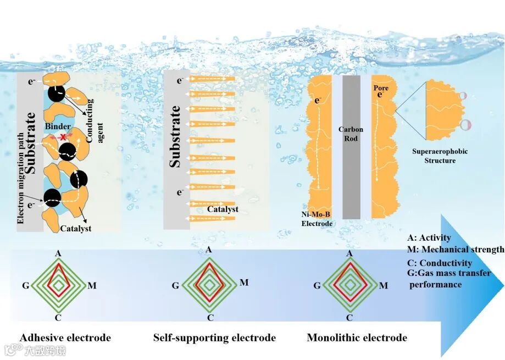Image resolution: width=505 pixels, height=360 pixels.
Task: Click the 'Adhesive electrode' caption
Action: click(65, 337)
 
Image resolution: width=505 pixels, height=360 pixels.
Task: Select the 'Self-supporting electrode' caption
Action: click(214, 337)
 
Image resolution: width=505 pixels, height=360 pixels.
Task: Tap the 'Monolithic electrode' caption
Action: click(357, 337)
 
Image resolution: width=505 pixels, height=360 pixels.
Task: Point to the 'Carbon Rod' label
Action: click(351, 134)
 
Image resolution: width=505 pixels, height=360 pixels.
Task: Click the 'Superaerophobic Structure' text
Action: click(440, 156)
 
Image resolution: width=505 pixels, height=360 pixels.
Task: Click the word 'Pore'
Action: click(381, 88)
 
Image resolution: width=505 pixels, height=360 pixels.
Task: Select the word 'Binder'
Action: click(58, 126)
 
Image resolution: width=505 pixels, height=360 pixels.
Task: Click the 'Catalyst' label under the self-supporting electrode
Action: click(223, 209)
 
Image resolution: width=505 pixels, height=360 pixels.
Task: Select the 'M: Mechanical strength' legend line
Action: click(456, 250)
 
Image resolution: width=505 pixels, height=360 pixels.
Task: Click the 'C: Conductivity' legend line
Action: click(440, 263)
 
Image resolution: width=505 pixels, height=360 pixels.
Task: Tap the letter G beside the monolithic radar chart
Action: click(317, 285)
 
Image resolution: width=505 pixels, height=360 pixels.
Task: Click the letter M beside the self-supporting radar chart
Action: click(244, 283)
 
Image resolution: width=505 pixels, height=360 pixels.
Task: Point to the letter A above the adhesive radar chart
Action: click(58, 253)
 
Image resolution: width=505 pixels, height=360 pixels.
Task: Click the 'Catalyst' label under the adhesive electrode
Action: click(75, 229)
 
